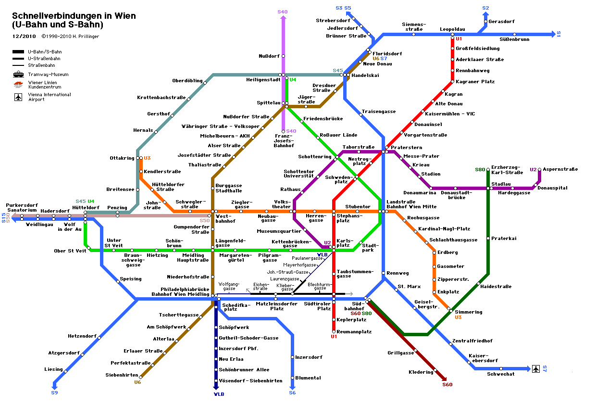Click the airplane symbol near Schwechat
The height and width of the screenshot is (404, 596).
coord(536,369)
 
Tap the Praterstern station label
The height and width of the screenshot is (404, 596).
coord(403,147)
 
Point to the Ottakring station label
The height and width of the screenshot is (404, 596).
coord(122,158)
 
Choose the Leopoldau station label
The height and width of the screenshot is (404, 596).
coord(452,29)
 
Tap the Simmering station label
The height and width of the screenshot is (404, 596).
coord(469,312)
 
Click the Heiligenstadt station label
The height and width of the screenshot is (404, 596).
coord(263,79)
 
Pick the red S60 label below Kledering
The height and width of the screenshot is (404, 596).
coord(447,384)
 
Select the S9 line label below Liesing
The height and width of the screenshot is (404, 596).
coord(54,393)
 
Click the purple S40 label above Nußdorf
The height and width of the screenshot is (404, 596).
coord(283,12)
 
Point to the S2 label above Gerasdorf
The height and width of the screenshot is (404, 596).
coord(485,8)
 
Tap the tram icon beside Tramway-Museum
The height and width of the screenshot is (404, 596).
coord(19,75)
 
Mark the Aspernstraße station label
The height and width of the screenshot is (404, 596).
coord(560,169)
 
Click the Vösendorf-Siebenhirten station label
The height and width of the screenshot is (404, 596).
coord(250,380)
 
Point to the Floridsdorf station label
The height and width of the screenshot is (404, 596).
coord(387,53)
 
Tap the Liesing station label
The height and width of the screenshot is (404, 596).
coord(53,369)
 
